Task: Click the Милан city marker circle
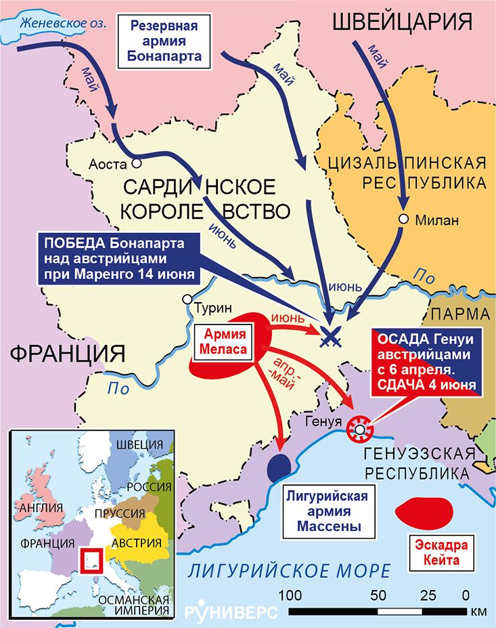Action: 404,219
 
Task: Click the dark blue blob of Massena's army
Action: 279,466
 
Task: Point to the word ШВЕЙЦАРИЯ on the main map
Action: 403,22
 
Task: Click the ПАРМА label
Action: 460,314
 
